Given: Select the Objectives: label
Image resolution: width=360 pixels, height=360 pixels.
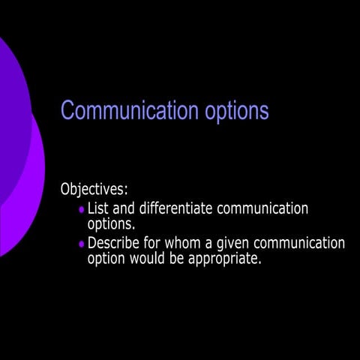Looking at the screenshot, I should click(x=94, y=189).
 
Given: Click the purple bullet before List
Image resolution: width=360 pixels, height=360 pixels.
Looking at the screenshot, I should click(x=82, y=210).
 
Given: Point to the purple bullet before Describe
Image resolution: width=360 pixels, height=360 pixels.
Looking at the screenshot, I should click(x=82, y=244).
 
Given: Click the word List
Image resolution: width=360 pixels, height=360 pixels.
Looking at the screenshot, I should click(x=98, y=208).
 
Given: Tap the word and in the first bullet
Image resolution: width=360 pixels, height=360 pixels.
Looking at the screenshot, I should click(x=125, y=208).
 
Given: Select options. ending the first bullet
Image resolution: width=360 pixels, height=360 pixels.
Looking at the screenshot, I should click(x=111, y=223).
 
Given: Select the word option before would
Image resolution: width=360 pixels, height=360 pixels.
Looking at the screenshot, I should click(x=108, y=259).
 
